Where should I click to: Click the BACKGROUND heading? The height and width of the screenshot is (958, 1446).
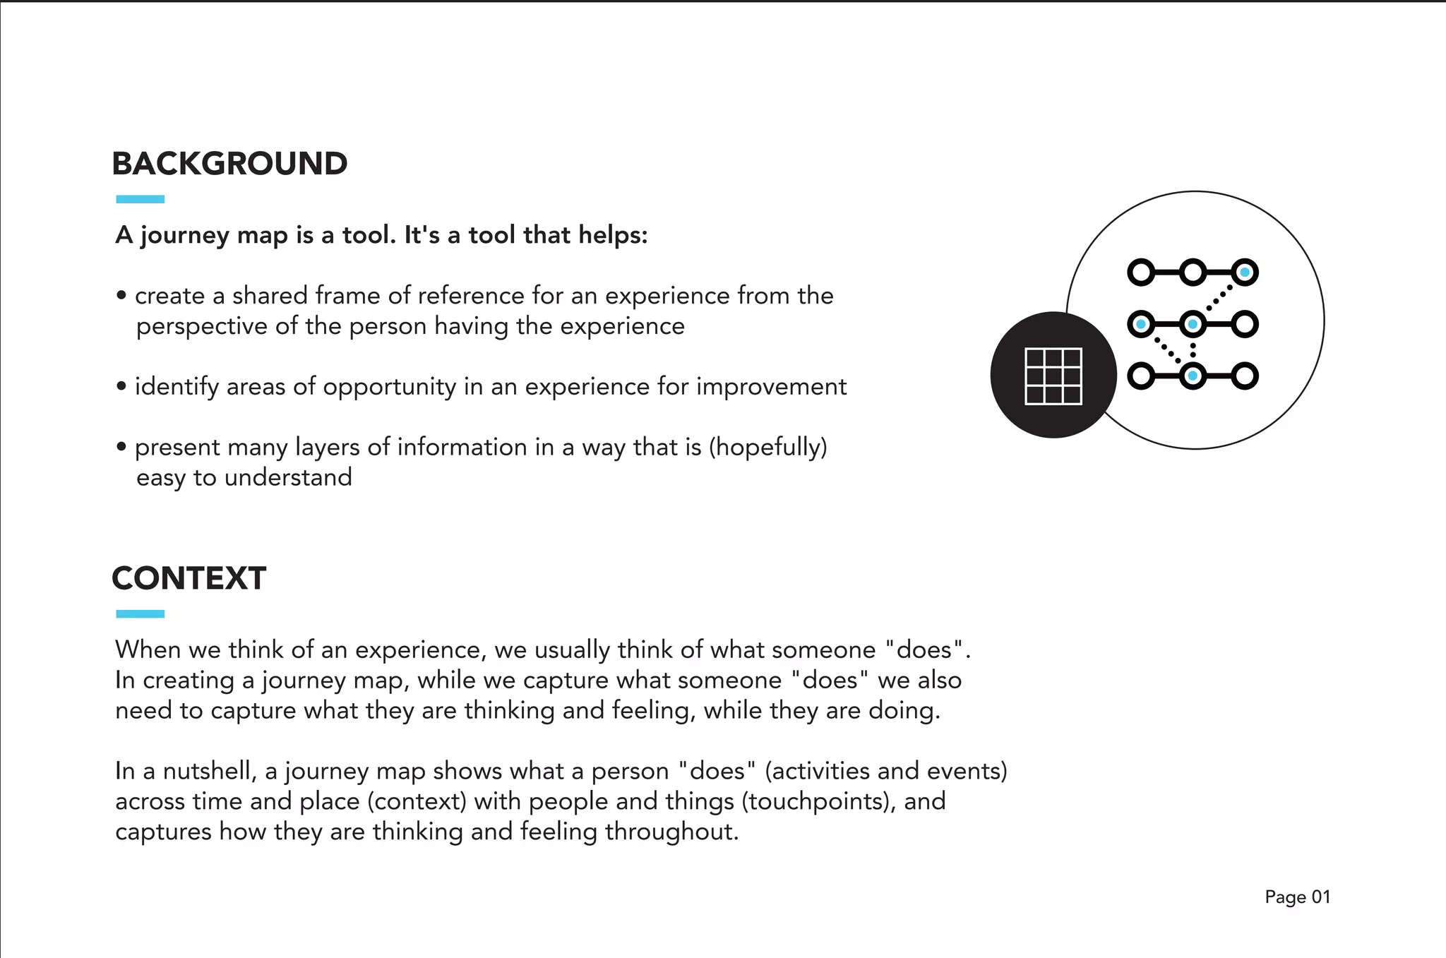[229, 164]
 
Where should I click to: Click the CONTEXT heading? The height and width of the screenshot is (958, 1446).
[189, 578]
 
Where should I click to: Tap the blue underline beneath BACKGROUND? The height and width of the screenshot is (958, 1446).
[140, 199]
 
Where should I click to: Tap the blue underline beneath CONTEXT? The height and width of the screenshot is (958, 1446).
[140, 614]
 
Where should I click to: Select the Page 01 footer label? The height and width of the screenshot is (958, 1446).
[1297, 897]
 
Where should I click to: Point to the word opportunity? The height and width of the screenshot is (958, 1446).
[390, 387]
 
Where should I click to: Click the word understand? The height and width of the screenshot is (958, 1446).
[287, 477]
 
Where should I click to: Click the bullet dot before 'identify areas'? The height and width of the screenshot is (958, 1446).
[121, 386]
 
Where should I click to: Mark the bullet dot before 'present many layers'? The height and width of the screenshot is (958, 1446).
[121, 447]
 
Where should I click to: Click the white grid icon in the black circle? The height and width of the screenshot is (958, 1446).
[1053, 376]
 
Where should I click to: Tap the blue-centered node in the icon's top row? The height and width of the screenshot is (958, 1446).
[1244, 273]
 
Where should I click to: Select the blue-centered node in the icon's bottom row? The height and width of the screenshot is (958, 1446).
[1193, 376]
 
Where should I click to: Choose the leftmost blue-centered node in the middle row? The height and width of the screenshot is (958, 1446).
[1141, 324]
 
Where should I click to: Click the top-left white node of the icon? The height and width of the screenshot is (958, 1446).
[1141, 273]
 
